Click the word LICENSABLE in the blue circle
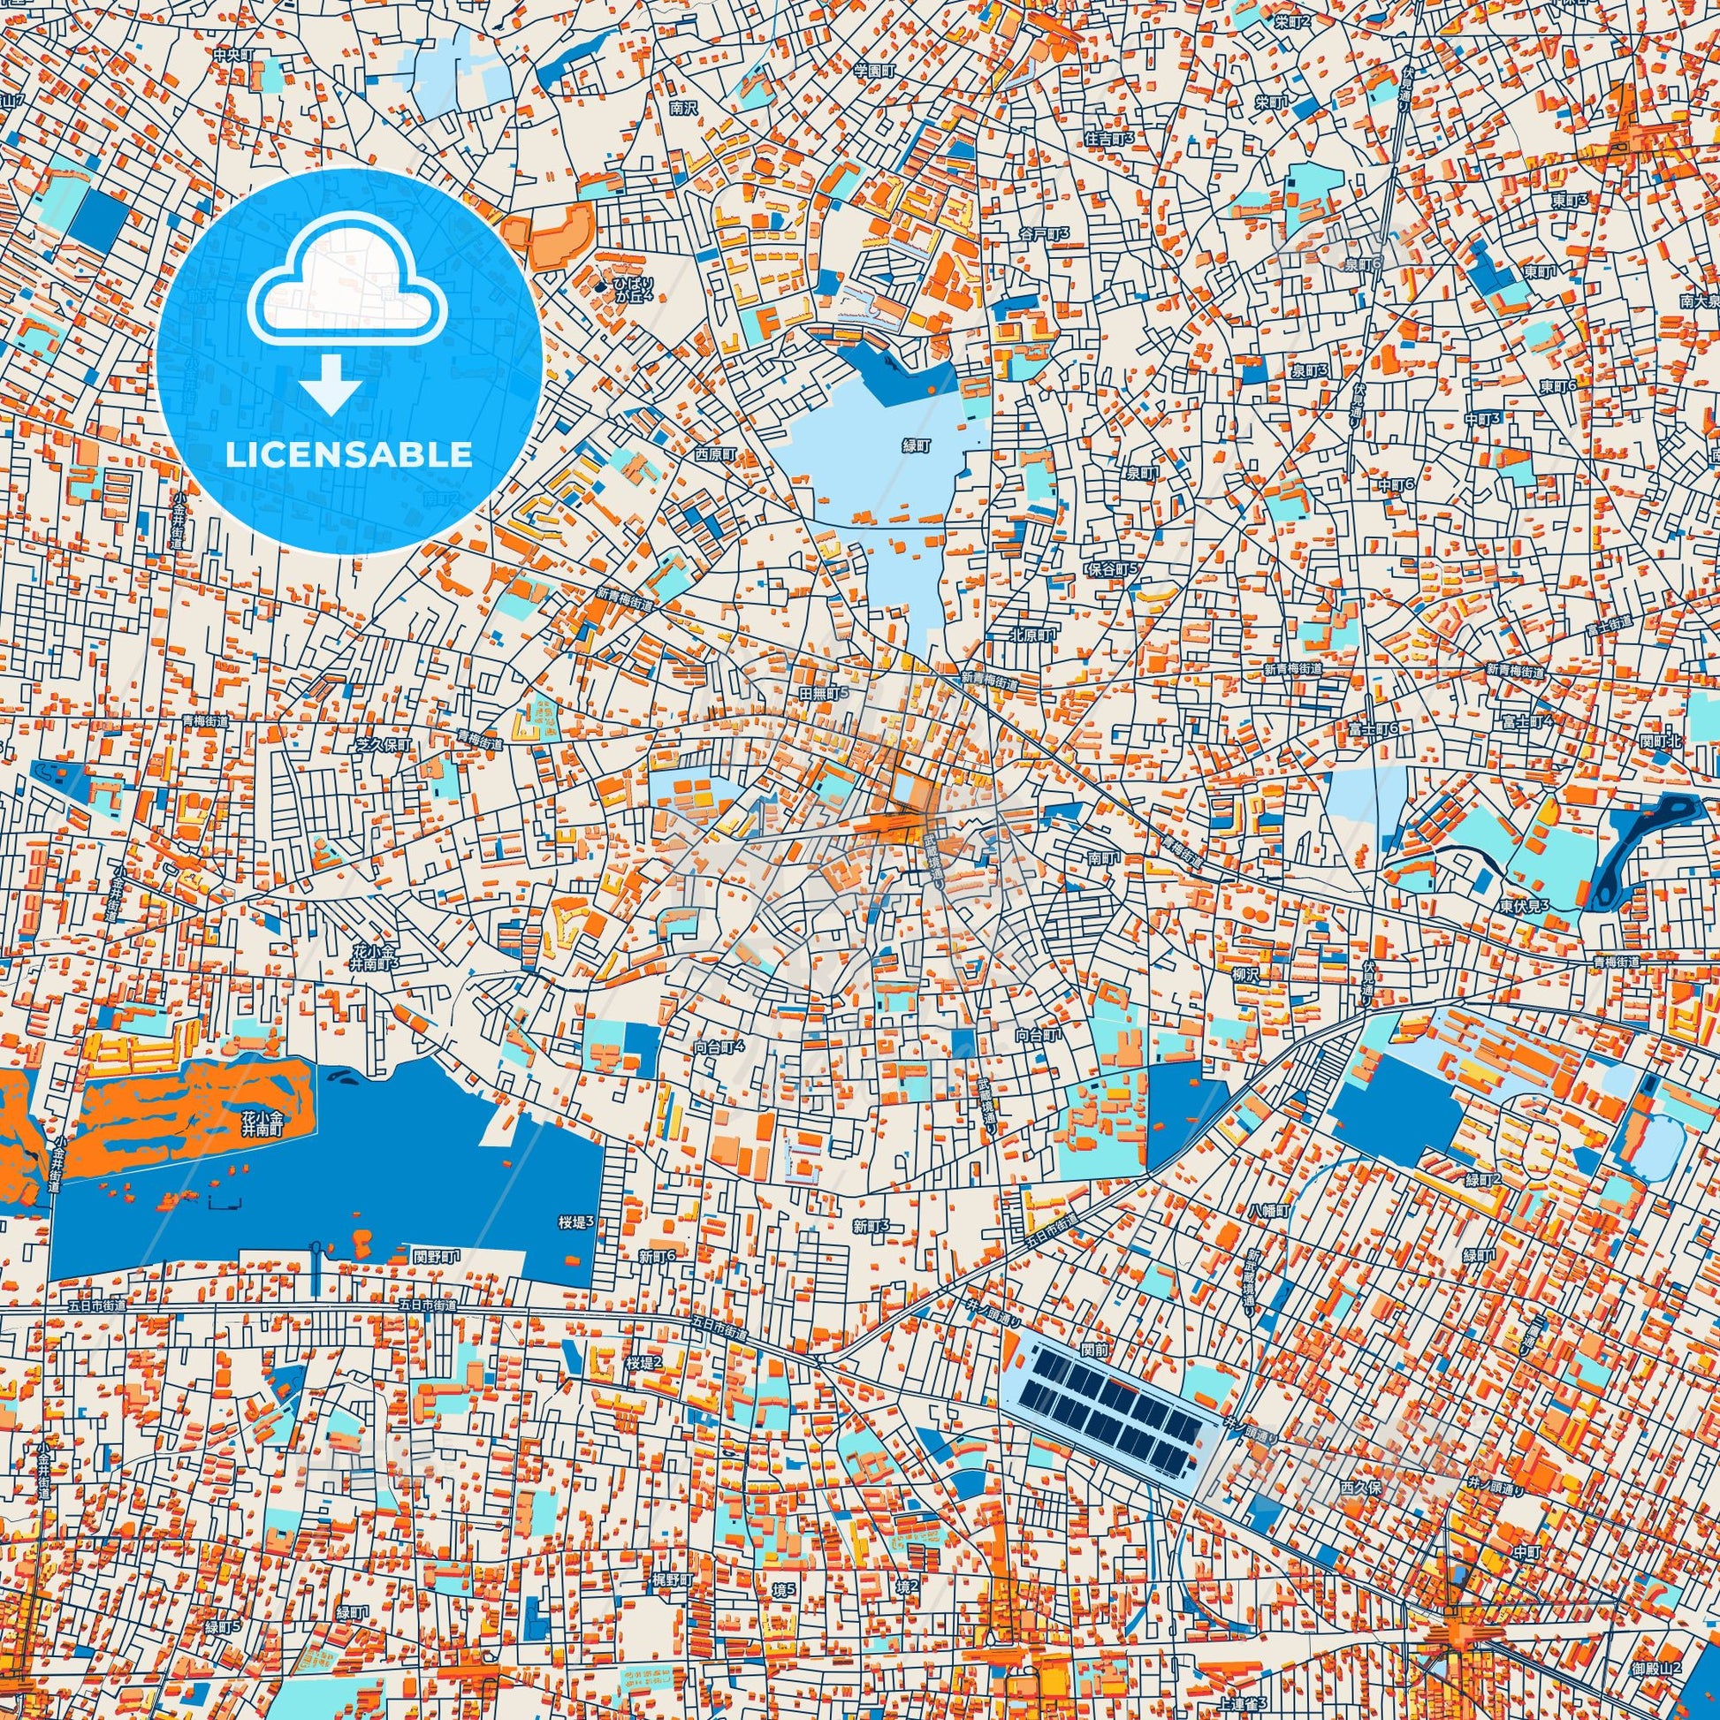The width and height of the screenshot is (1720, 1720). [x=348, y=454]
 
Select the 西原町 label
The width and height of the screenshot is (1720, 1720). [x=716, y=453]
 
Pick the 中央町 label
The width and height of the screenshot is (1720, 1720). [x=233, y=54]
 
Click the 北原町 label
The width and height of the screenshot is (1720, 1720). [x=1031, y=635]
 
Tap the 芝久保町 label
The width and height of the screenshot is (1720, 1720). [x=384, y=743]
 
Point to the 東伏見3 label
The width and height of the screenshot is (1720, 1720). [x=1524, y=905]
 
